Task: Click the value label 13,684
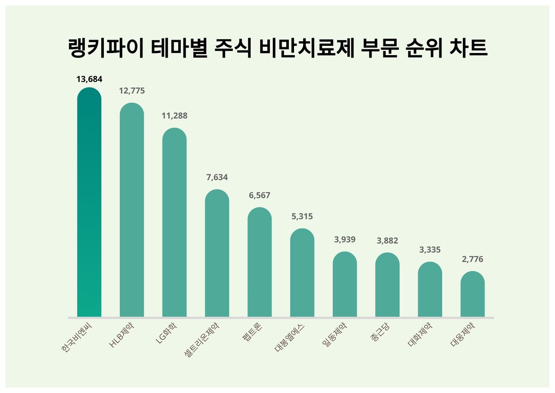89,79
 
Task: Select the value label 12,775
132,91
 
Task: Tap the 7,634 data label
217,177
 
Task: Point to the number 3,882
387,241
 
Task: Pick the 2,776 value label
472,259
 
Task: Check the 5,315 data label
302,217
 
